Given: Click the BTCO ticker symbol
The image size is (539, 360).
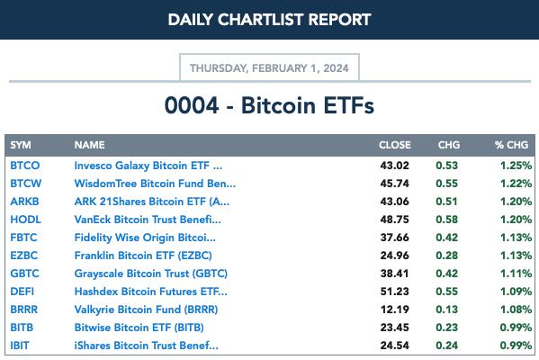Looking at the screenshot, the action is point(25,166).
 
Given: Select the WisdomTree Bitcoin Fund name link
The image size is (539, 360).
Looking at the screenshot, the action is point(155,184).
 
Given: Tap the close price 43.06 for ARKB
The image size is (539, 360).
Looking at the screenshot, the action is point(395,202).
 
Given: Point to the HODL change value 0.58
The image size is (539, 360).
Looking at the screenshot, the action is point(446,220).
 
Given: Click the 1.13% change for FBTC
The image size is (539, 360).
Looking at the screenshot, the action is point(516,238).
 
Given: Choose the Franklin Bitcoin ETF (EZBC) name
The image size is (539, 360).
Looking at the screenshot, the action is point(143,256).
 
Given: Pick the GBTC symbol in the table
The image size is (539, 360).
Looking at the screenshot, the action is point(25,274).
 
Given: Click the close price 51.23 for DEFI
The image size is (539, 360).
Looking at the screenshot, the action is point(395,292).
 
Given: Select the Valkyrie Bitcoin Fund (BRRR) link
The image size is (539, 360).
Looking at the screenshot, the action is point(146,310).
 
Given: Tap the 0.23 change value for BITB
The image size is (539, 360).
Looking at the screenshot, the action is point(446,328).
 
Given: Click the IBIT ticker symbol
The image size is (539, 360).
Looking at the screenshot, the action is point(20,346).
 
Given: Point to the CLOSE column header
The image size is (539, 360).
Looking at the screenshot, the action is point(395,145).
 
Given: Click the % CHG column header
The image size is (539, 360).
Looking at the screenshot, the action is point(511,145).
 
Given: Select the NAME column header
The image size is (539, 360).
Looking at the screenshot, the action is point(89,145).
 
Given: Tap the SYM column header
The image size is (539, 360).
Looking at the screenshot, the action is point(21,145).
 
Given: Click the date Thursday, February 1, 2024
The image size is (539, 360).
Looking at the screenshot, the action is point(269,68).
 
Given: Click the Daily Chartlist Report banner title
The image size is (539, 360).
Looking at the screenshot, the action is point(269,20).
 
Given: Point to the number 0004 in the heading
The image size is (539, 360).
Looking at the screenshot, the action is point(192,105).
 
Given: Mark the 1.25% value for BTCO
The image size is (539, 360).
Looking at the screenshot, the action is point(516,166).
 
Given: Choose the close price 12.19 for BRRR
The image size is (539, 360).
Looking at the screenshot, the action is point(395,310).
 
